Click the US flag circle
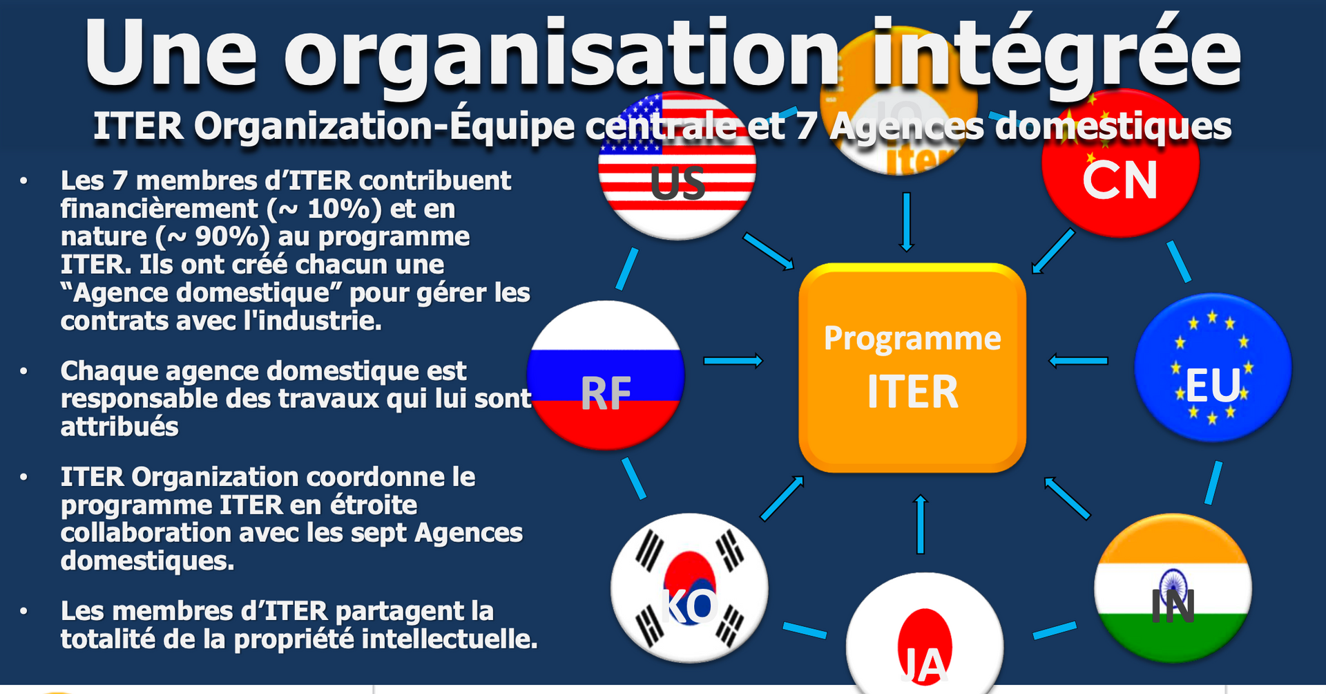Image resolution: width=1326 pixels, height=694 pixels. tap(677, 166)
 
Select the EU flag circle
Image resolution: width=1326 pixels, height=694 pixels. tap(1213, 368)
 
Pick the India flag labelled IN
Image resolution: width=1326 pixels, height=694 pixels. tap(1173, 588)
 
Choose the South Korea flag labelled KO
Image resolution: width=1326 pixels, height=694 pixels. tap(689, 588)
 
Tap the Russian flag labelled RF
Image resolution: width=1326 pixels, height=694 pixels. tap(606, 375)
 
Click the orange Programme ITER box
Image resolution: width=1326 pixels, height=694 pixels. tap(912, 368)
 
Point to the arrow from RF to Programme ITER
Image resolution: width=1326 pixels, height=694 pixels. tap(733, 360)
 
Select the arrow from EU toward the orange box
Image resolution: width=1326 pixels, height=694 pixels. tap(1078, 360)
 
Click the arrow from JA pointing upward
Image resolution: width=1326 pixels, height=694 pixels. tap(920, 524)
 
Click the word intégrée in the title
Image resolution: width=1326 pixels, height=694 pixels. tap(1057, 54)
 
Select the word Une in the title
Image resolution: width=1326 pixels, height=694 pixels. tap(171, 54)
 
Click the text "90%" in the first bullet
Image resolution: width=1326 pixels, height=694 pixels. tap(227, 237)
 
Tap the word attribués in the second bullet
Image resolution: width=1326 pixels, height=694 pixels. tap(119, 426)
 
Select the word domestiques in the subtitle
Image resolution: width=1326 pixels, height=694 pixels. tap(1113, 126)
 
